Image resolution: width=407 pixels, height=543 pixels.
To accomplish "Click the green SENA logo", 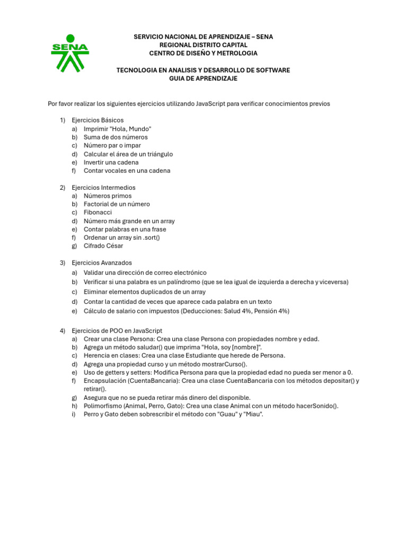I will (x=70, y=53).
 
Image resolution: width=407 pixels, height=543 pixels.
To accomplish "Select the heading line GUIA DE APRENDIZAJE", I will (x=203, y=78).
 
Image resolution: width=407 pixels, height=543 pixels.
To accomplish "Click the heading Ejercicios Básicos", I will (x=98, y=120).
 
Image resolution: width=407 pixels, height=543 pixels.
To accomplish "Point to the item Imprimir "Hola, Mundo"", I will (x=118, y=129).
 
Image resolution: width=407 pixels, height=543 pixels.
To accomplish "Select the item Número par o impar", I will (x=112, y=145).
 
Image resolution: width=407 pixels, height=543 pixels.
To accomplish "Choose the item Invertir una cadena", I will (x=111, y=162).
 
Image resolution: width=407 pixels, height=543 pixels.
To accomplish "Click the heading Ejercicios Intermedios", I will (x=103, y=187).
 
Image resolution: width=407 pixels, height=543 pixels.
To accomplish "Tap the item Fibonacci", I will (x=98, y=212).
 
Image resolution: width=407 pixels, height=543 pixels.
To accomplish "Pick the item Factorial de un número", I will (x=117, y=204).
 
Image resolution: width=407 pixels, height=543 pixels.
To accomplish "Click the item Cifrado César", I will (x=103, y=246).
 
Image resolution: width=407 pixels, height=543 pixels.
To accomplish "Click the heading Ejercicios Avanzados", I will (x=102, y=262).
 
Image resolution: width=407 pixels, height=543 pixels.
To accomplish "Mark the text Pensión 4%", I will (x=270, y=311).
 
